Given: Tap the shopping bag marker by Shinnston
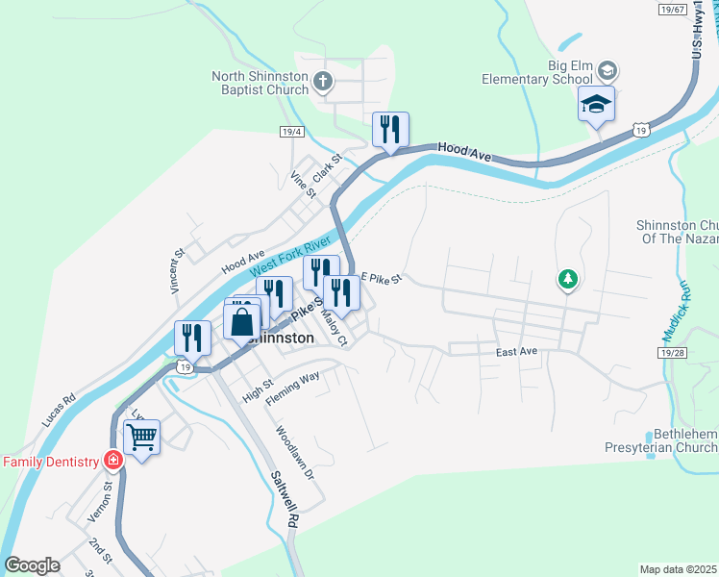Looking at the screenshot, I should pos(242,321).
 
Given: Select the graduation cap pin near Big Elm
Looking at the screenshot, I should pos(596,105).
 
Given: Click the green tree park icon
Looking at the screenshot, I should pos(568,280).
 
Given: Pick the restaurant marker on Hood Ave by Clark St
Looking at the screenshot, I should pos(390,130).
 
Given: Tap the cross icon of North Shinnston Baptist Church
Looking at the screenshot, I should pos(324,82).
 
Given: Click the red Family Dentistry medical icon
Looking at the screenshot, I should pos(113,461).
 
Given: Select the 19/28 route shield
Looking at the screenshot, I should pos(674,354).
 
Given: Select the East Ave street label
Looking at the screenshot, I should pos(516,352).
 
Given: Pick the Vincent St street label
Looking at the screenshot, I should pos(178,272).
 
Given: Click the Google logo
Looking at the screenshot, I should pos(32,565).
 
